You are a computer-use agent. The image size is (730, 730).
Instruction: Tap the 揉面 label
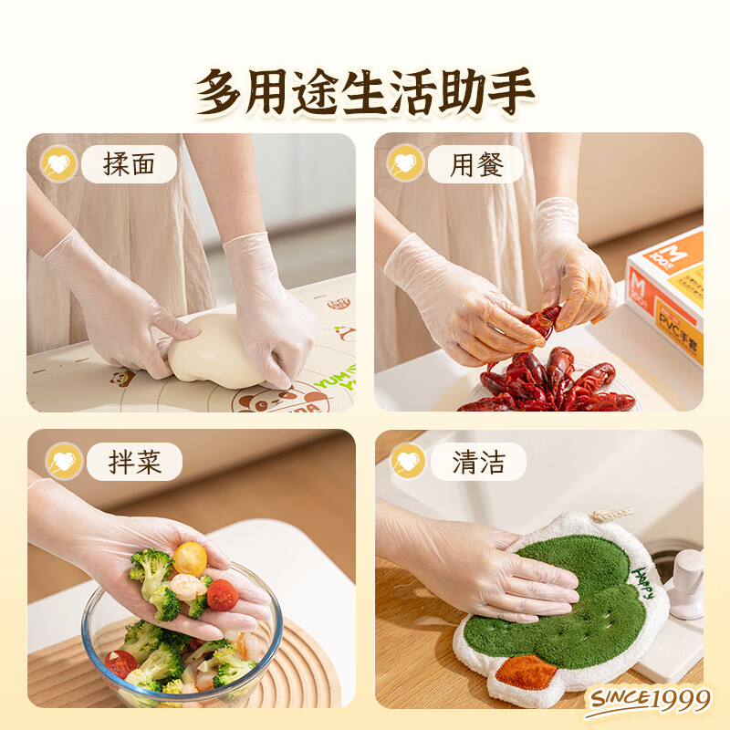[x=129, y=164]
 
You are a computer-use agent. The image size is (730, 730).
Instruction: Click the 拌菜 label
[x=134, y=462]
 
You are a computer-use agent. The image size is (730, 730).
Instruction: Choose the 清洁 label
[x=479, y=462]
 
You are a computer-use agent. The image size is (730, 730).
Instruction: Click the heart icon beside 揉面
[x=58, y=164]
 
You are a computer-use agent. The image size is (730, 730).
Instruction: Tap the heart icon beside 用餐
[x=405, y=164]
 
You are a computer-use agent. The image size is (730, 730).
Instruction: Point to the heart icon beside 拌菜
[x=63, y=462]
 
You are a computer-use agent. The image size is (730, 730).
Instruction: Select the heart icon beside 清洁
[x=408, y=462]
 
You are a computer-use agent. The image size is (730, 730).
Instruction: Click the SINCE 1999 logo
[x=649, y=700]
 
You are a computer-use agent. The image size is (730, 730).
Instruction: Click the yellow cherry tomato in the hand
[x=190, y=558]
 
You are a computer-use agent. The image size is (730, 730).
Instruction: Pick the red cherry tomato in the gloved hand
[x=222, y=595]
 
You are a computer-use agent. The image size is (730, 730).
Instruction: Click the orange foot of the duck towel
[x=527, y=673]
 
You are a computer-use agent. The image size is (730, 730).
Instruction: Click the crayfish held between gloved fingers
[x=543, y=320]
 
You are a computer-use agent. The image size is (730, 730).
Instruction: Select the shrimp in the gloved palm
[x=186, y=587]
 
